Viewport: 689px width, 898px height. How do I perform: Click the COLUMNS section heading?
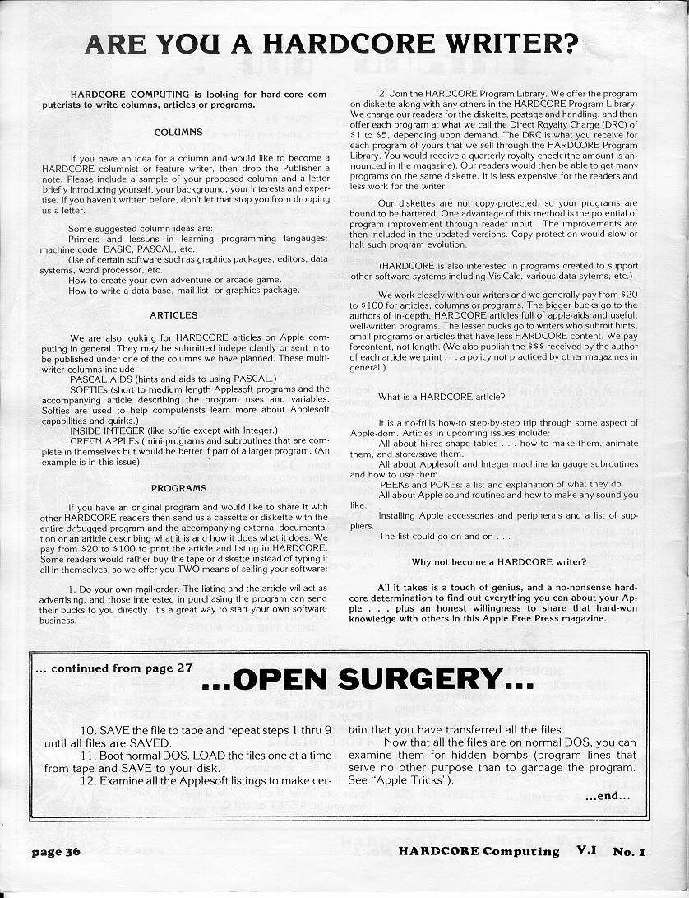click(178, 132)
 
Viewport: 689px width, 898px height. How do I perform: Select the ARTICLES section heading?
click(173, 315)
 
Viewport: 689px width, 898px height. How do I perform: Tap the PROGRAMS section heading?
click(178, 488)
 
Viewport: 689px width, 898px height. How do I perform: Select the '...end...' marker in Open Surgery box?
click(607, 796)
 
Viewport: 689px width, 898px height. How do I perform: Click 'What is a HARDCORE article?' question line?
click(442, 397)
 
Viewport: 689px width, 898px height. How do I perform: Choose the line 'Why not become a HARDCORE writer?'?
click(499, 562)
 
